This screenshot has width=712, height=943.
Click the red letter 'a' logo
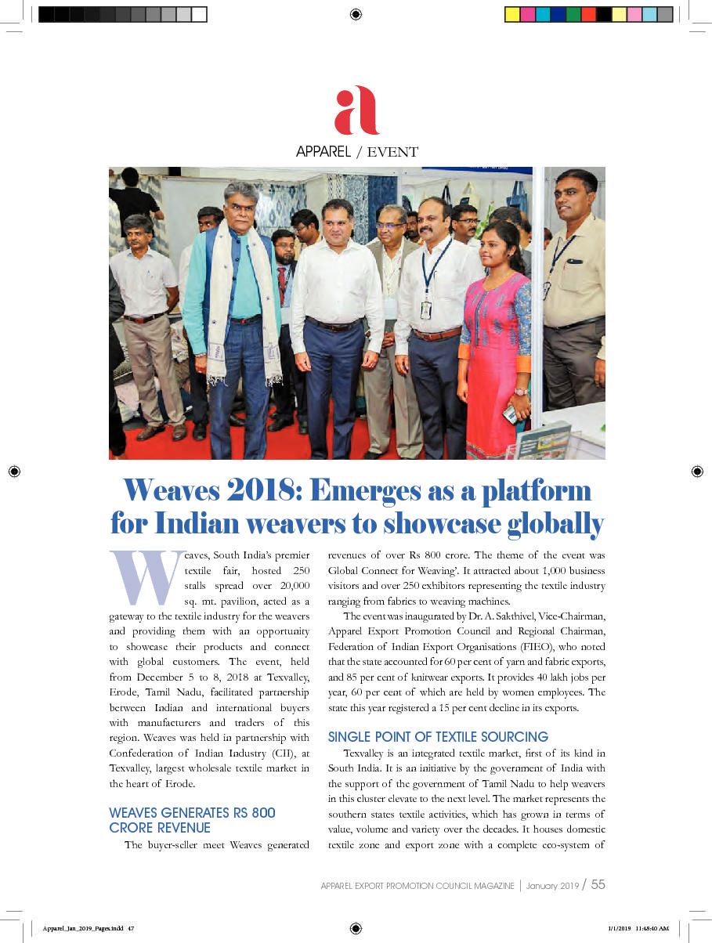[x=356, y=111]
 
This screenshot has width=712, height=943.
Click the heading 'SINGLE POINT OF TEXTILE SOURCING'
[x=438, y=737]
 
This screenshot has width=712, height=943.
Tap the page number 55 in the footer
[x=598, y=885]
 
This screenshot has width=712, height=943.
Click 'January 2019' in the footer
[x=552, y=886]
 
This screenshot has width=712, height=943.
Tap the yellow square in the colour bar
[x=512, y=14]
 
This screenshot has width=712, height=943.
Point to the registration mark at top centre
[x=356, y=14]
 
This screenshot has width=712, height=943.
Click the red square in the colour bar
[x=588, y=14]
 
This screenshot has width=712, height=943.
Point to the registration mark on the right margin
[x=697, y=471]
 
